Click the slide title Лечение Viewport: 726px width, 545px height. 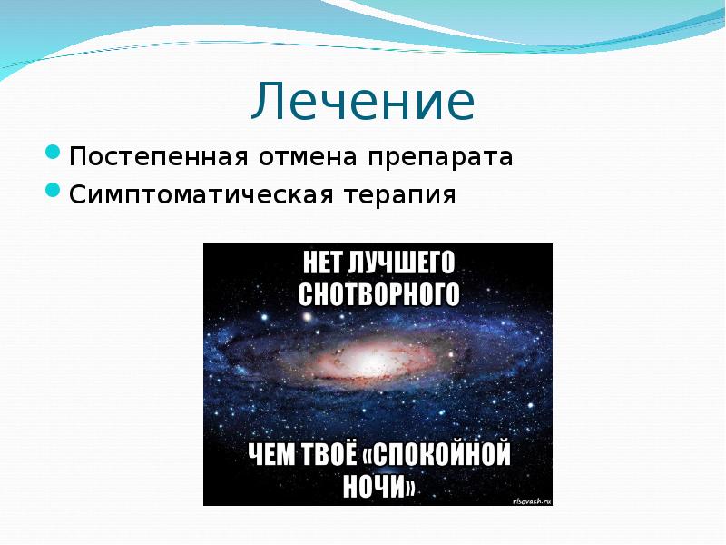tap(363, 101)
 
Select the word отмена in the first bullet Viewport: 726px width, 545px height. tap(308, 156)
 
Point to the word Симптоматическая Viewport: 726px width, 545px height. tap(201, 194)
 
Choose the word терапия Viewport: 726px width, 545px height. tap(400, 195)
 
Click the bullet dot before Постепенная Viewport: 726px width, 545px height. tap(53, 152)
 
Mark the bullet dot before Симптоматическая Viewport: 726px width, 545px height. tap(53, 190)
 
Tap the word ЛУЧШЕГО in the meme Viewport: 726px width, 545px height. tap(401, 263)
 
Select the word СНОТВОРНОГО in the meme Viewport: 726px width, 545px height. tap(378, 294)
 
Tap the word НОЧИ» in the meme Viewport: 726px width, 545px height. tap(378, 486)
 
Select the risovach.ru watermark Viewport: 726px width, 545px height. tap(533, 500)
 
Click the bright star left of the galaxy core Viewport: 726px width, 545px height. tap(307, 318)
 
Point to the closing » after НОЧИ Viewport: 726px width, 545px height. tap(410, 487)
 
